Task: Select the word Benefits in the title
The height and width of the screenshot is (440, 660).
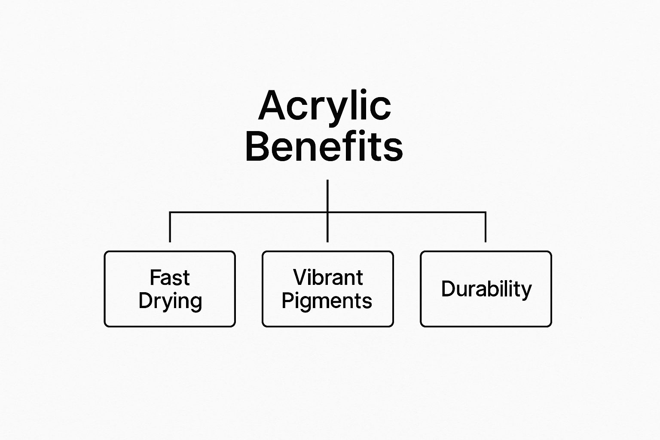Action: pyautogui.click(x=324, y=146)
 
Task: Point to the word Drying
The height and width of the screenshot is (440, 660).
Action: pyautogui.click(x=170, y=302)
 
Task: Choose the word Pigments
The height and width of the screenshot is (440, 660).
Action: pyautogui.click(x=327, y=302)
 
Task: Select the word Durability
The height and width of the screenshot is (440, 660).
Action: pyautogui.click(x=486, y=290)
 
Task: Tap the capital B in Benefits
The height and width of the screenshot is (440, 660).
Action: pyautogui.click(x=257, y=146)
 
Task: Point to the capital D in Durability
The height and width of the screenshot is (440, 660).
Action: pyautogui.click(x=449, y=288)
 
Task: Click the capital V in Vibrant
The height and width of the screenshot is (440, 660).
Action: pyautogui.click(x=300, y=277)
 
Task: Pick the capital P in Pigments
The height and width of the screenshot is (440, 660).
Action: pyautogui.click(x=287, y=300)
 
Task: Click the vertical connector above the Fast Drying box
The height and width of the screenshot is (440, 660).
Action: pyautogui.click(x=170, y=227)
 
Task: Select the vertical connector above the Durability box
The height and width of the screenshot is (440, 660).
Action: pyautogui.click(x=486, y=227)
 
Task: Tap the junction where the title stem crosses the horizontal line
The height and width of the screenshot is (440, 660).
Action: pyautogui.click(x=328, y=212)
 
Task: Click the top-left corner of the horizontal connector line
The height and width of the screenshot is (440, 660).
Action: pyautogui.click(x=170, y=212)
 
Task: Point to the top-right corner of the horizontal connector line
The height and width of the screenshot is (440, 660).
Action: pyautogui.click(x=486, y=212)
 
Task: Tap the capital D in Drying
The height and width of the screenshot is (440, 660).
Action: pyautogui.click(x=146, y=300)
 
